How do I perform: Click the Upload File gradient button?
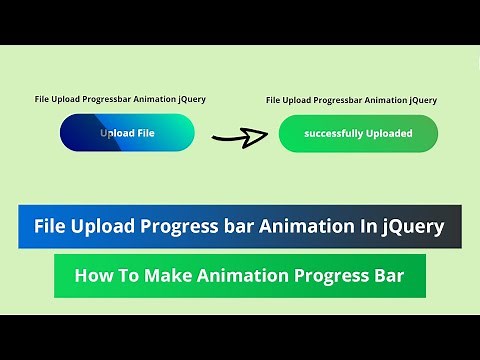[127, 133]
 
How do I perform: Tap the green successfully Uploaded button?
[358, 133]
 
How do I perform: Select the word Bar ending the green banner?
[386, 275]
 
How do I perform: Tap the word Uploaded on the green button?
[391, 133]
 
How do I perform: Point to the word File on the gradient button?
[144, 133]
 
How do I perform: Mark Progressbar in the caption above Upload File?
[107, 100]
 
